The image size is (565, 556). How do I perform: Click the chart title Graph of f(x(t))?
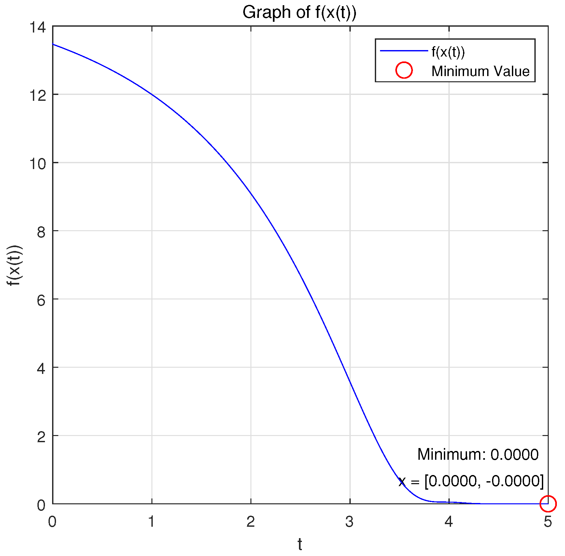(x=299, y=13)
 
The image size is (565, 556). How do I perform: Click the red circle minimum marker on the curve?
(x=548, y=504)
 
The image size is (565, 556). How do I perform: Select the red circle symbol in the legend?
(x=404, y=70)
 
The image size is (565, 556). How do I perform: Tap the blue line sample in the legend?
(x=404, y=51)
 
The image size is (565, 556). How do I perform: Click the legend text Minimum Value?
(x=480, y=71)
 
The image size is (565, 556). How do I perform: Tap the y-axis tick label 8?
(x=41, y=232)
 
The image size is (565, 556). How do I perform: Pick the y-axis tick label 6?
(x=41, y=300)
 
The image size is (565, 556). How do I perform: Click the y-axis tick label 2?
(x=41, y=437)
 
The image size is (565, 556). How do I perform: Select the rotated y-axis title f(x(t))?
(x=15, y=265)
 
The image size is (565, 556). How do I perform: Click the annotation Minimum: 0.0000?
(x=478, y=454)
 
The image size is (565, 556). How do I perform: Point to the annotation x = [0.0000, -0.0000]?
(x=471, y=481)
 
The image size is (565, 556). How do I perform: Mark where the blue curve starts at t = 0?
(x=53, y=44)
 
